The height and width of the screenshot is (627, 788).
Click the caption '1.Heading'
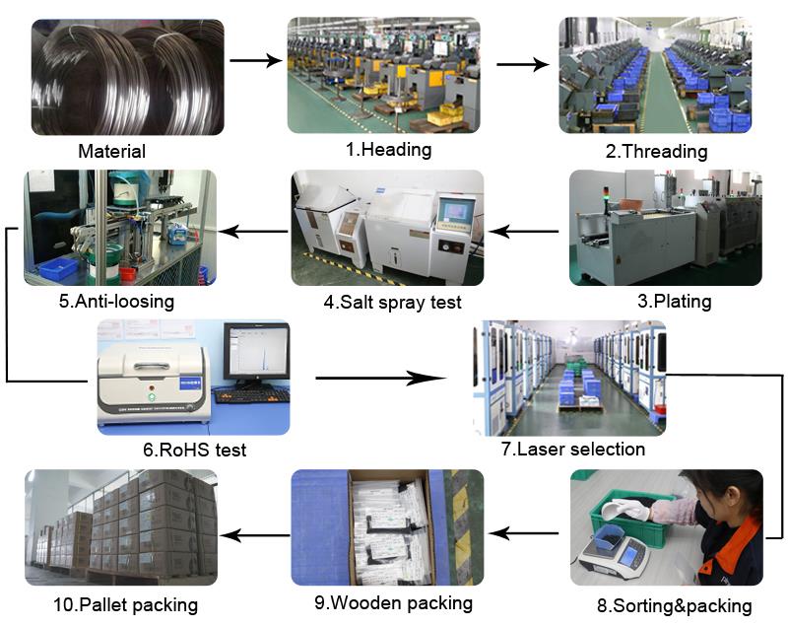click(x=388, y=150)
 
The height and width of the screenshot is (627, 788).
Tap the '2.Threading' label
click(x=656, y=151)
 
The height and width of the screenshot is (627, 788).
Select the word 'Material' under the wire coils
click(x=111, y=151)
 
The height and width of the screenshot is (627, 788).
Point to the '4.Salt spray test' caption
click(x=392, y=303)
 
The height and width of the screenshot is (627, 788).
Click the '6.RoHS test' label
click(x=194, y=450)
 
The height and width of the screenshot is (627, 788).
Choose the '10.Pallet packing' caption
click(x=125, y=605)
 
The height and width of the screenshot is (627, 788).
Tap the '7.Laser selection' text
click(x=573, y=449)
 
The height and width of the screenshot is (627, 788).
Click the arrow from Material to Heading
click(x=256, y=61)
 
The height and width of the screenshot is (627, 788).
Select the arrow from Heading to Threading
click(x=523, y=64)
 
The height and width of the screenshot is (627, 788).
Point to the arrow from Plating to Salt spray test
click(x=523, y=232)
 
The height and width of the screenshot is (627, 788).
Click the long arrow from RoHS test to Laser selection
click(x=381, y=379)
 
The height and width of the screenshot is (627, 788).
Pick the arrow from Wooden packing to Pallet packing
click(x=254, y=535)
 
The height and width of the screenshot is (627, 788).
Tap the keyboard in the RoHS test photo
click(x=252, y=395)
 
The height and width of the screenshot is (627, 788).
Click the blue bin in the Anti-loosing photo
click(x=58, y=268)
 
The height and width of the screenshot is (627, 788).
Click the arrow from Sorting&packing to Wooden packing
click(x=523, y=533)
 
